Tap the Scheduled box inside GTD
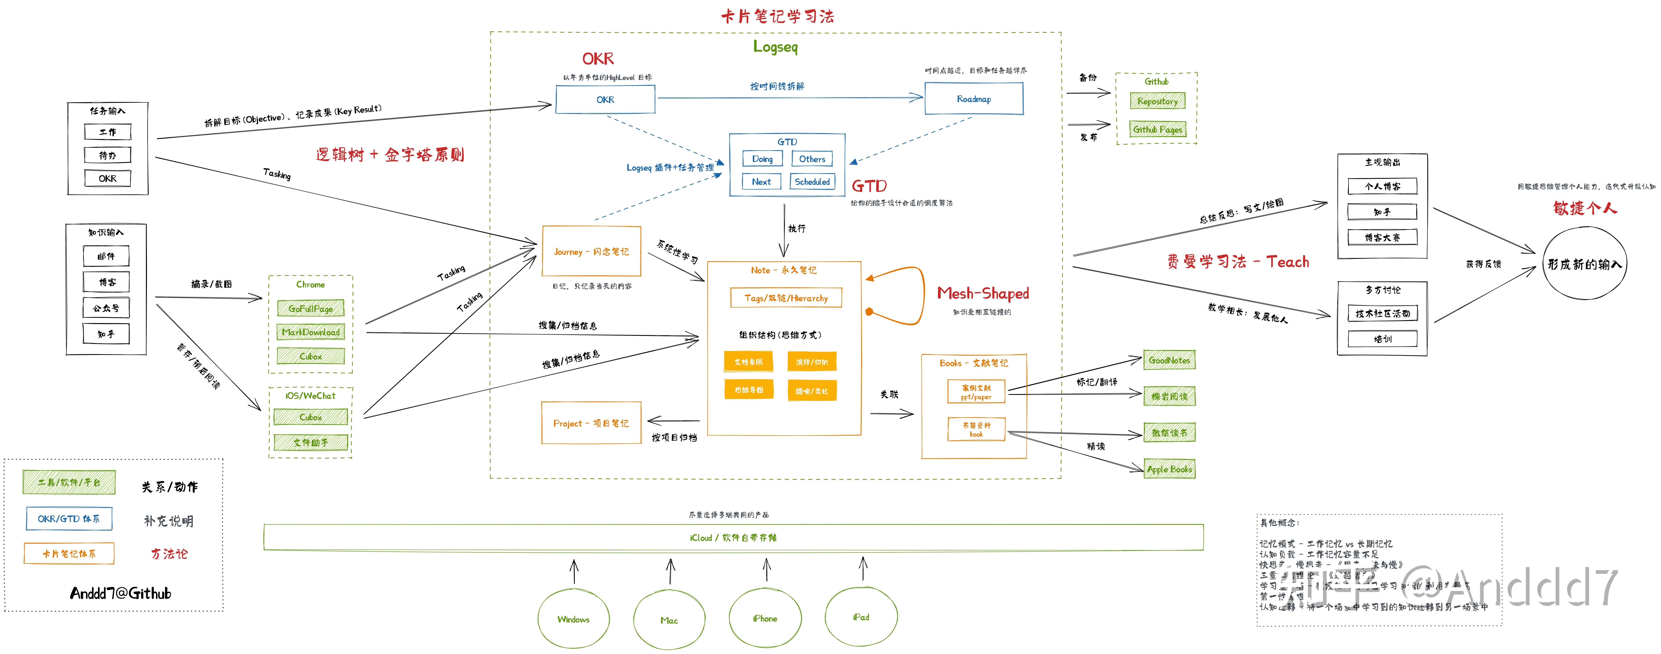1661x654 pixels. coord(812,182)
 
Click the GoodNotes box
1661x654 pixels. coord(1169,360)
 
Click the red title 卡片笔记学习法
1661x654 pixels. coord(778,16)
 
